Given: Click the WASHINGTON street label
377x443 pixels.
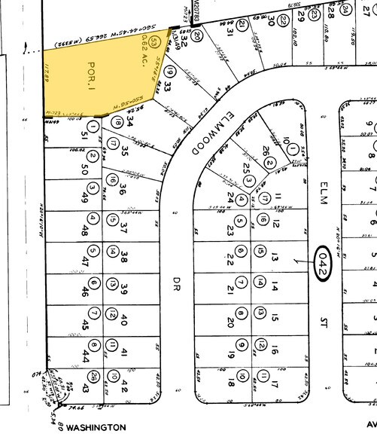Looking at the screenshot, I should [x=96, y=427].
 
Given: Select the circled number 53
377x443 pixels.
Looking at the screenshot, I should [x=154, y=40].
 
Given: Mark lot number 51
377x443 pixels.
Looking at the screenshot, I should [x=81, y=135].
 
